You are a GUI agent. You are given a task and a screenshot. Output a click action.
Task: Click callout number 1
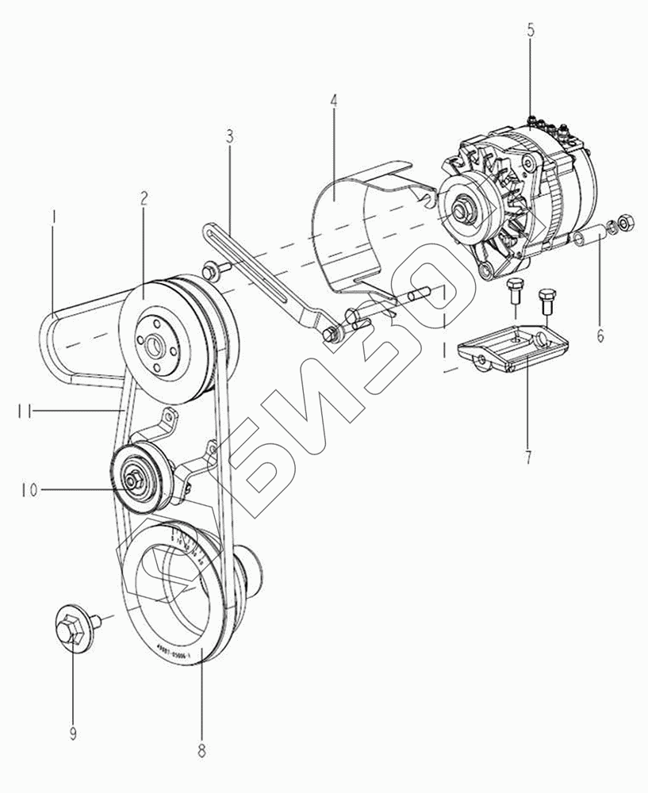[x=52, y=216]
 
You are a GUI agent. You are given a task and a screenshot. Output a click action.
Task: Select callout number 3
[x=229, y=136]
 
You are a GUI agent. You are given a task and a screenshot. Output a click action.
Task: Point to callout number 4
[x=334, y=102]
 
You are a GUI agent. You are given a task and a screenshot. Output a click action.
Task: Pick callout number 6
[x=600, y=335]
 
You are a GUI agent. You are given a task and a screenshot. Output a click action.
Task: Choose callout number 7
[x=527, y=456]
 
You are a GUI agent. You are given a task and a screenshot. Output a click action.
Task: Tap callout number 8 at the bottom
[x=201, y=748]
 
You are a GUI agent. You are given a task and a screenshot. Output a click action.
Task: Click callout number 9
[x=73, y=734]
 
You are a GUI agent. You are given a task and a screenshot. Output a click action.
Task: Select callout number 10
[x=29, y=491]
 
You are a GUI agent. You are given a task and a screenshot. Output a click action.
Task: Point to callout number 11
[x=24, y=410]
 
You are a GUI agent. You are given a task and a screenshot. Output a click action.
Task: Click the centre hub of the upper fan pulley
[x=161, y=346]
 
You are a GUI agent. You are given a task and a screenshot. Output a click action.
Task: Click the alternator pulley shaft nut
[x=460, y=213]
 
